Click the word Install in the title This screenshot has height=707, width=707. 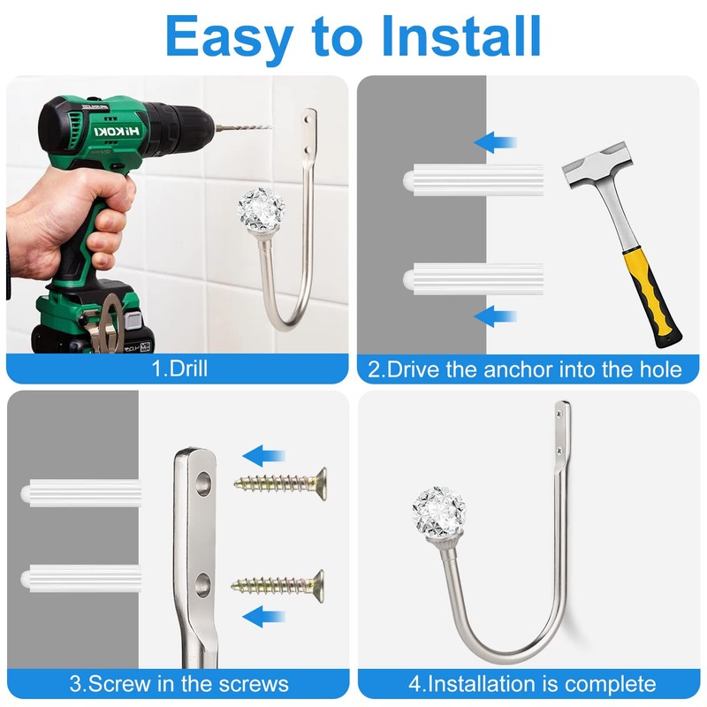460,36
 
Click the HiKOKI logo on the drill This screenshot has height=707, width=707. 118,131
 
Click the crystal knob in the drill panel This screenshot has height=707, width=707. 255,209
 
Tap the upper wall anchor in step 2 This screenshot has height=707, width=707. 473,180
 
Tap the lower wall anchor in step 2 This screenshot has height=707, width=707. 473,279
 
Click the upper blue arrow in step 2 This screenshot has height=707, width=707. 495,142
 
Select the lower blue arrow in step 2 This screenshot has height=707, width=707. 495,316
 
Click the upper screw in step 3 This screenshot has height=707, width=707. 280,484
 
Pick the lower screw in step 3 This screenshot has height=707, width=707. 277,586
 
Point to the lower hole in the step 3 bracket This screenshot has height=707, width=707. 203,585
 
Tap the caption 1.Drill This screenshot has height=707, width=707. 180,369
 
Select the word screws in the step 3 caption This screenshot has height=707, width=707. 254,684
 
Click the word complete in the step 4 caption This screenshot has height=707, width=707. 611,684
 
